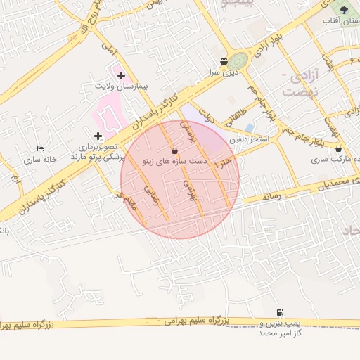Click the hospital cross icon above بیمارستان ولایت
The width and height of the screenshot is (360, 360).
tap(121, 75)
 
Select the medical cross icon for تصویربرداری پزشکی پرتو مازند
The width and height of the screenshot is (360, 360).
tap(97, 135)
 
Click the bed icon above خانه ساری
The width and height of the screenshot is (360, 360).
tap(40, 149)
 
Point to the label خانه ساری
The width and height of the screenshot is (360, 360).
tap(39, 160)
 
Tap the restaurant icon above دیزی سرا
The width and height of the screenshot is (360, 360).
tap(224, 61)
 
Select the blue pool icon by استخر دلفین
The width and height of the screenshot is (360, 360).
tap(250, 127)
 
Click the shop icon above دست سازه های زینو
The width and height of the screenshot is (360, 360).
tap(174, 150)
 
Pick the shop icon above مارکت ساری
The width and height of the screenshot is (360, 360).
tap(340, 148)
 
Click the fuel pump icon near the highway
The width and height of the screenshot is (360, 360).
tap(281, 312)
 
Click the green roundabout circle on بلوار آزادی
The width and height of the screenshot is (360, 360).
tap(238, 61)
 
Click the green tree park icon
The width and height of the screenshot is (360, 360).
tap(344, 10)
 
